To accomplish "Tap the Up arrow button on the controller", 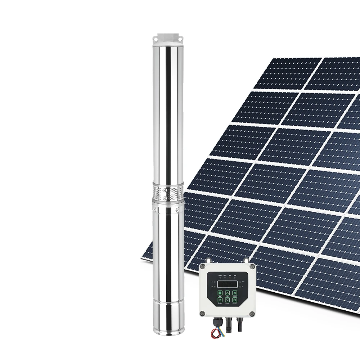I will point(228,293).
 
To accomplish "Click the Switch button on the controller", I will point(235,293).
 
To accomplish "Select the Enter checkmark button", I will point(220,300).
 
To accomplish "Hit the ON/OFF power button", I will point(235,300).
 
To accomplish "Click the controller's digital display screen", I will point(228,284).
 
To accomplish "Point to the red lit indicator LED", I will point(230,278).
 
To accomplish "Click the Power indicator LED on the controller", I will point(220,278).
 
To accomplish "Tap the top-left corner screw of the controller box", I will point(203,267).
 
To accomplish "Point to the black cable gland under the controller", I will point(218,322).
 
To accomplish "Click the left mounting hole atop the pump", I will point(156,39).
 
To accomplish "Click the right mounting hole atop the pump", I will point(180,39).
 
